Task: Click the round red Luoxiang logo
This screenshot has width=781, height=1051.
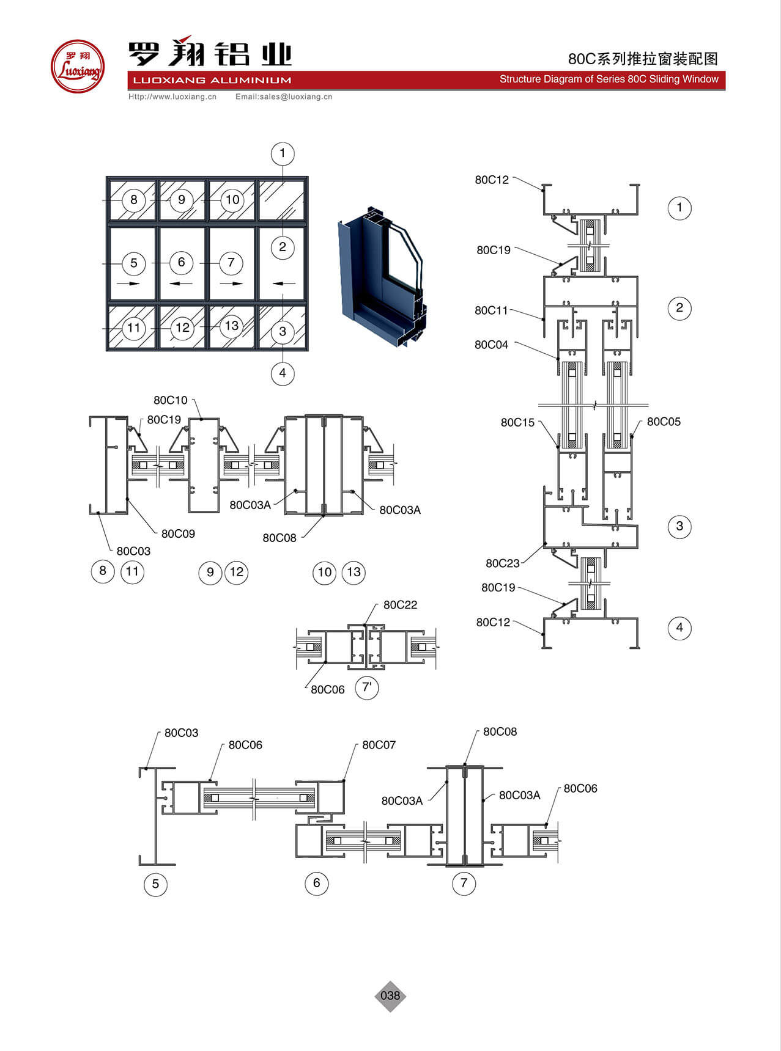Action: [78, 66]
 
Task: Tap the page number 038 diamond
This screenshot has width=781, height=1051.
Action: [390, 995]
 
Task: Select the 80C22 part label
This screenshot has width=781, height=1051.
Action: [400, 605]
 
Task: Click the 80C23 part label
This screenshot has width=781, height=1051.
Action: [502, 563]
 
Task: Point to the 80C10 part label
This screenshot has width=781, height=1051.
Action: [170, 400]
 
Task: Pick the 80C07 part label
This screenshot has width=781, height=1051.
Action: [379, 745]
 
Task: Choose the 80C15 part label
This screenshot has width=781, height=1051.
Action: [517, 422]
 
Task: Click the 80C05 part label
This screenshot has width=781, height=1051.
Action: [664, 422]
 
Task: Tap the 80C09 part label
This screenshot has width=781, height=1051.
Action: [178, 533]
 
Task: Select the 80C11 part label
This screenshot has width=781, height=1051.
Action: [491, 310]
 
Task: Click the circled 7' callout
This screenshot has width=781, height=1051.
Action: [367, 687]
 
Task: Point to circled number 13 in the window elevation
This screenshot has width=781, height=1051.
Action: [231, 326]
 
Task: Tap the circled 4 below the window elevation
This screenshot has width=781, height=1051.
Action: [283, 373]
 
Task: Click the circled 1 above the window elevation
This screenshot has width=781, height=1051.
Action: [283, 153]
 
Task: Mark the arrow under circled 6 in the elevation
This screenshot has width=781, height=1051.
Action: [181, 283]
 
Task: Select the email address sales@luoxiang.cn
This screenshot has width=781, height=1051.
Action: [284, 97]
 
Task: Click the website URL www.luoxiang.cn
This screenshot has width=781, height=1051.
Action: [172, 97]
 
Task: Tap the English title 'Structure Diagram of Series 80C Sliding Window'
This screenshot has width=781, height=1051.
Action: [609, 79]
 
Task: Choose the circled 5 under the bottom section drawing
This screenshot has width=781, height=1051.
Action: [155, 884]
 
